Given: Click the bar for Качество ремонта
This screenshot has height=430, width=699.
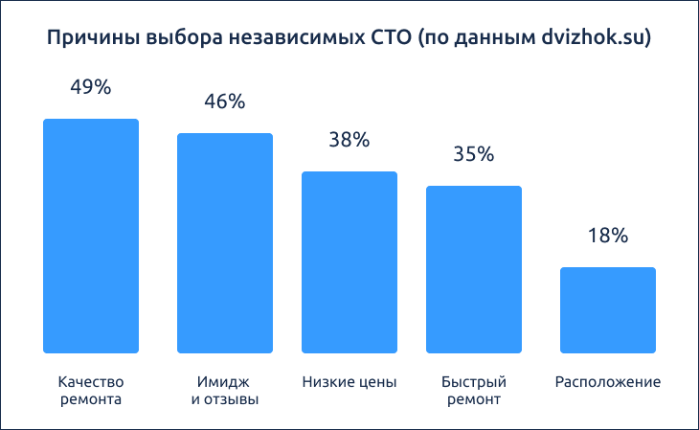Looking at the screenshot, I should click(91, 236).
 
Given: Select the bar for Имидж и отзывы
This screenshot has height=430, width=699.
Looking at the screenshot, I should click(225, 243).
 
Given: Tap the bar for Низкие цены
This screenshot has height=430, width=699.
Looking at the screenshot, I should click(349, 262).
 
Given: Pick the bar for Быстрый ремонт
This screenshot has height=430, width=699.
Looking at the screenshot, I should click(474, 269).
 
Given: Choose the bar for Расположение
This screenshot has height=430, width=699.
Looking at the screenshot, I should click(608, 310).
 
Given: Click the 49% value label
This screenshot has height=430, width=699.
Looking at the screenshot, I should click(91, 86).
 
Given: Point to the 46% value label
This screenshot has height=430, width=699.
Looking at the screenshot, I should click(225, 101).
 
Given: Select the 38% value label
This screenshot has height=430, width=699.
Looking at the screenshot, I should click(349, 139).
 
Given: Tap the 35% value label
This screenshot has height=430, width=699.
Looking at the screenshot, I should click(474, 153).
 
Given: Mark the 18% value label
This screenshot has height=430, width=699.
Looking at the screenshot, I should click(608, 235).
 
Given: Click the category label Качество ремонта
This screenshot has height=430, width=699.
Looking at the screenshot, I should click(91, 390).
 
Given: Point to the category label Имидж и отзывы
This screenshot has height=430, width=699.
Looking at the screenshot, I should click(225, 390).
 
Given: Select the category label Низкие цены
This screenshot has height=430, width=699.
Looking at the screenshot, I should click(349, 382).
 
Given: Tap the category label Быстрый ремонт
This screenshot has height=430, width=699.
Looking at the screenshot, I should click(474, 390).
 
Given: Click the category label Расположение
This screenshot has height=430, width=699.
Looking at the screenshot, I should click(608, 382).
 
